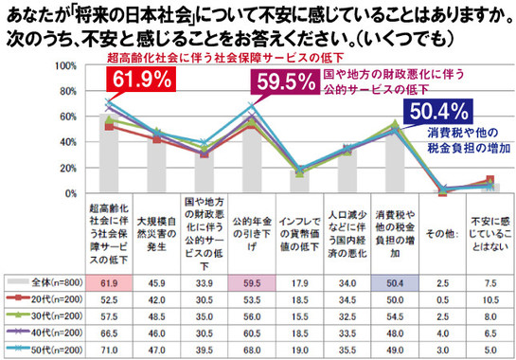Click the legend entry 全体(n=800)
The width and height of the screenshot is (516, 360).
(x=44, y=282)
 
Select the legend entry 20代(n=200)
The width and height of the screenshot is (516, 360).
(x=44, y=298)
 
